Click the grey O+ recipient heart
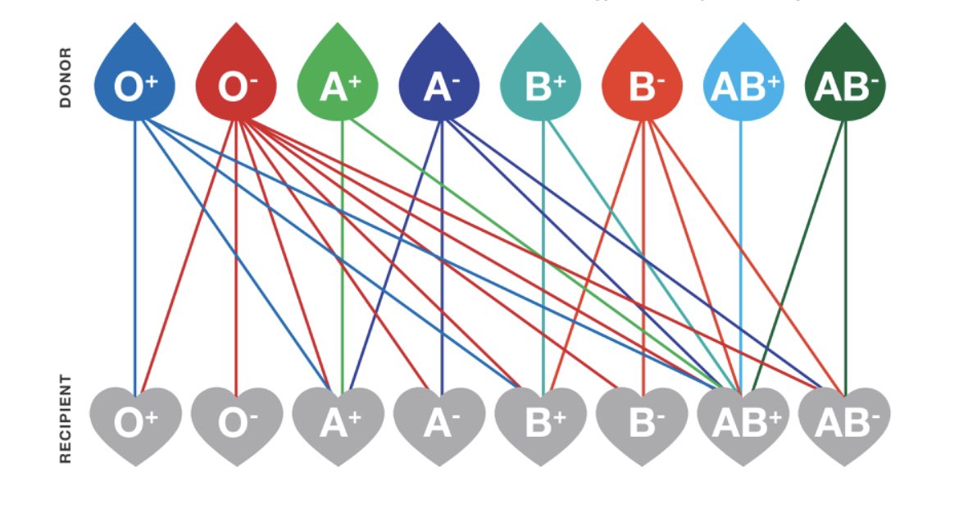coord(135,422)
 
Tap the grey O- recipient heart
coord(237,422)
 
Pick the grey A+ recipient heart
coord(338,422)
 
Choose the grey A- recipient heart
coord(439,422)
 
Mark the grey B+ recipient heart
coord(541,422)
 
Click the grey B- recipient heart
coord(643,422)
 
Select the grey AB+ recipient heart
coord(743,422)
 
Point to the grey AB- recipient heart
coord(845,422)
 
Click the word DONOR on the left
coord(66,78)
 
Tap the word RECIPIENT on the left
coord(66,420)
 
